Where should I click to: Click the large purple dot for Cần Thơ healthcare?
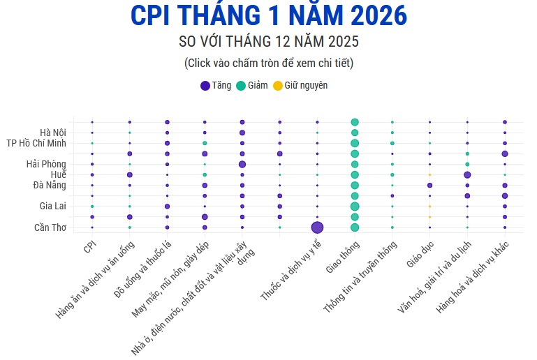coord(317,227)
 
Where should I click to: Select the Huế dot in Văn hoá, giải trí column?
coord(467,174)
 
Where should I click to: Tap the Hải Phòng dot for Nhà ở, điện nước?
coord(242,164)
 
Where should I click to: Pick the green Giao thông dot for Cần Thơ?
coord(355,227)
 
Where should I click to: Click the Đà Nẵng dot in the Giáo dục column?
coord(429,185)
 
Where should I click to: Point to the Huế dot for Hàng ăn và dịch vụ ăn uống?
coord(129,174)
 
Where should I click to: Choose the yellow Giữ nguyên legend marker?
coord(277,86)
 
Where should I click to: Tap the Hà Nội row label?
coord(53,133)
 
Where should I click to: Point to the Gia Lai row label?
coord(53,207)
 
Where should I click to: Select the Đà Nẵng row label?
coord(50,185)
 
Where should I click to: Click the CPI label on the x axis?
coord(89,247)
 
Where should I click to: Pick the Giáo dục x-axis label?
coord(419,256)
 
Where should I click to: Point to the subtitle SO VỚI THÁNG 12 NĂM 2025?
coord(268,42)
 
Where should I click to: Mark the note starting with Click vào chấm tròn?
coord(268,63)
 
